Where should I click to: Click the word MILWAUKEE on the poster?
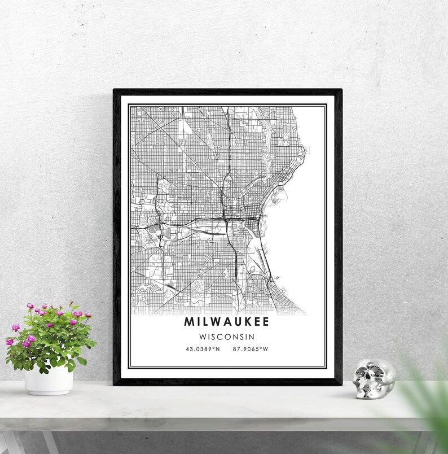click(x=226, y=322)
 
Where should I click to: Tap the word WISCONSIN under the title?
click(x=226, y=337)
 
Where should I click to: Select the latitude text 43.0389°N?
click(x=203, y=349)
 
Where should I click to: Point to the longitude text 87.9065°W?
click(x=250, y=349)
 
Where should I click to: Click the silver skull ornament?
click(x=373, y=379)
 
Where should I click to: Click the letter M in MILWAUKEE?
click(x=188, y=322)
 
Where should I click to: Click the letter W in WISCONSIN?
click(x=202, y=337)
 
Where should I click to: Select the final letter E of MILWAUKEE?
click(x=265, y=322)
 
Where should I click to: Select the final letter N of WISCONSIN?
click(x=251, y=337)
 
